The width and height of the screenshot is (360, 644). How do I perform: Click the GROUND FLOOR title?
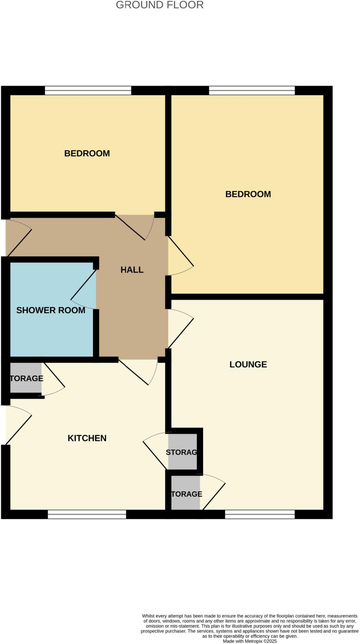(x=160, y=5)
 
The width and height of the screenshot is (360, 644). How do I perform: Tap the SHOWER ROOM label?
(x=51, y=310)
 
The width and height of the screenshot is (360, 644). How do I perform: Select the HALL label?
(x=132, y=270)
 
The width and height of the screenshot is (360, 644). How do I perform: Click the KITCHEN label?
(x=87, y=438)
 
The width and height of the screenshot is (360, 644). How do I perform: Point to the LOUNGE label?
(x=248, y=364)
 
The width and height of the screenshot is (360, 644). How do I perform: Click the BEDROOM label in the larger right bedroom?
(x=248, y=194)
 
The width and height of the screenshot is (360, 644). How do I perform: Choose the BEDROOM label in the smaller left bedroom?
(x=87, y=153)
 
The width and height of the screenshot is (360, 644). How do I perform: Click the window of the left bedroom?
(x=88, y=91)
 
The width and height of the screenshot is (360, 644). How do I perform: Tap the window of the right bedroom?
(x=252, y=91)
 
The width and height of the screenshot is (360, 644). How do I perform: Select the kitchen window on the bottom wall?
(x=87, y=514)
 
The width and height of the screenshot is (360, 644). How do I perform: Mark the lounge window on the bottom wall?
(x=260, y=514)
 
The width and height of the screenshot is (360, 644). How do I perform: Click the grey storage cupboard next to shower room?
(x=26, y=378)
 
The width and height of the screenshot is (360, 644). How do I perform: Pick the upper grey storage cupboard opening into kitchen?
(x=182, y=452)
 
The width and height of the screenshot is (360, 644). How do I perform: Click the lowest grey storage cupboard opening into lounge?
(x=186, y=494)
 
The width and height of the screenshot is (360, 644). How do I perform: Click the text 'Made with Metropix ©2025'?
(x=250, y=641)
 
